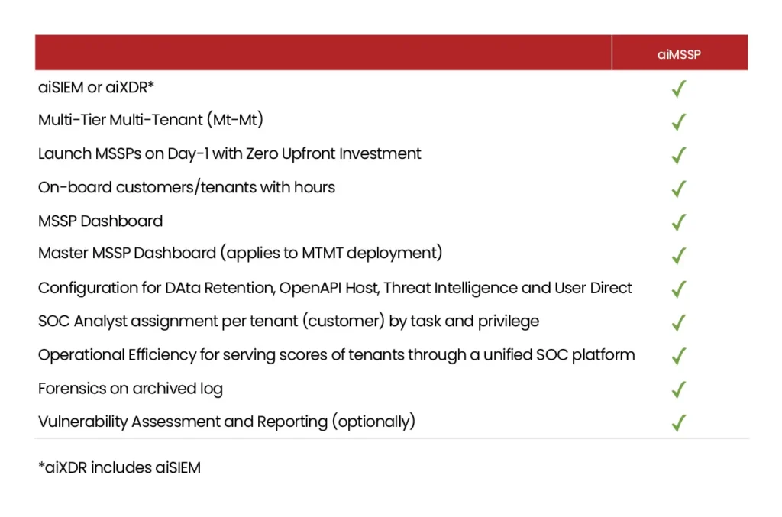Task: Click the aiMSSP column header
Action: point(679,54)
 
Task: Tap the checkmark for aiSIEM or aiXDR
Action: point(678,89)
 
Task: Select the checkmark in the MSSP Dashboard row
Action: point(678,222)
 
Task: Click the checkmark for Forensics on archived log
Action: point(678,389)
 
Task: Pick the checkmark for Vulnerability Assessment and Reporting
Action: point(678,423)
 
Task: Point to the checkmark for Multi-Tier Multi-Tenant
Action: point(678,122)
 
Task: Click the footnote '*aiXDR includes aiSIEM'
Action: point(120,467)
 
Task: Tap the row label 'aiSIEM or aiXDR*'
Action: point(96,87)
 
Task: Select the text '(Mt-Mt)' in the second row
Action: point(235,120)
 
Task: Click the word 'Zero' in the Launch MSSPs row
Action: point(262,153)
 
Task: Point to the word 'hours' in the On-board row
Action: point(314,187)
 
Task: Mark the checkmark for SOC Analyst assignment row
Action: point(678,322)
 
